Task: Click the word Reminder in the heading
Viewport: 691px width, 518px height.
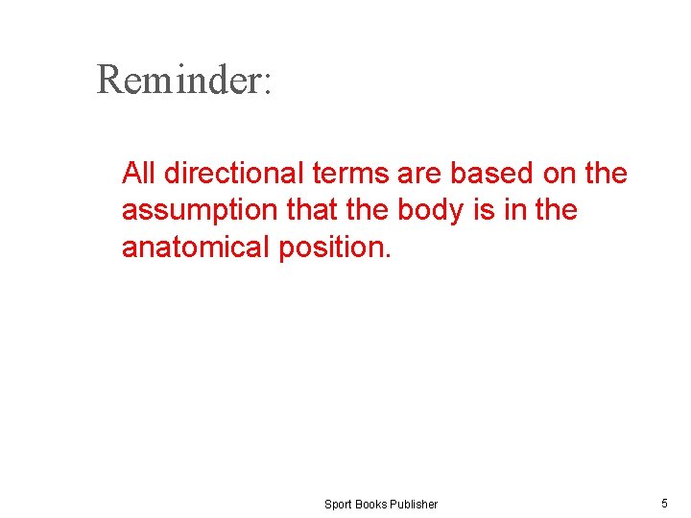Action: (177, 80)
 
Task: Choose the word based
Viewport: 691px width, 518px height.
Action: (489, 174)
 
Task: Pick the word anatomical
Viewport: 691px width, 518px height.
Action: (196, 247)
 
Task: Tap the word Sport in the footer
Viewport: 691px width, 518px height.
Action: (338, 505)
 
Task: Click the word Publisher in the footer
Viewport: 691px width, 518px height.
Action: (415, 505)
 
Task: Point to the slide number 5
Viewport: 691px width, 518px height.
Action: (664, 503)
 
